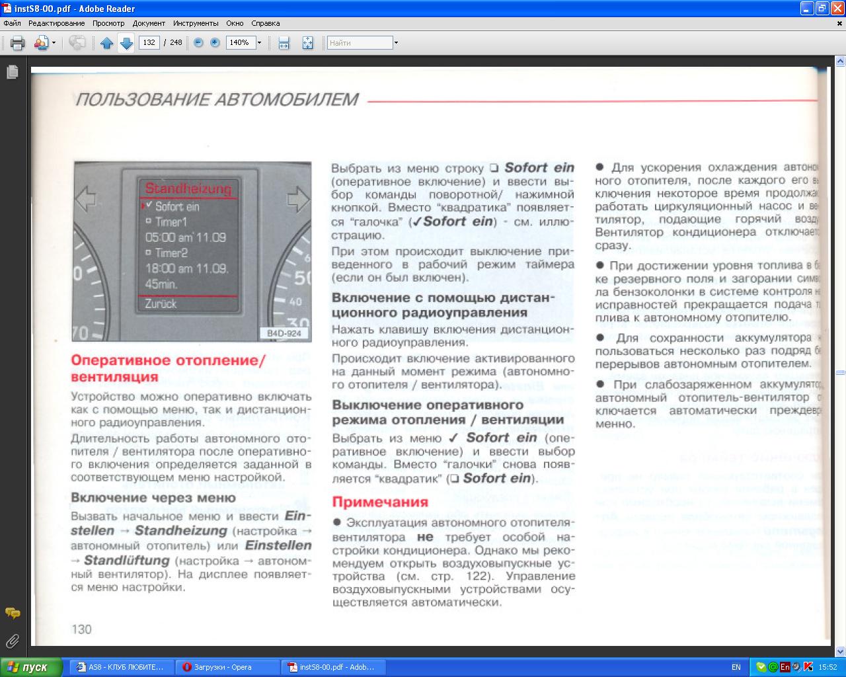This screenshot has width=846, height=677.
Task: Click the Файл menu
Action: click(12, 23)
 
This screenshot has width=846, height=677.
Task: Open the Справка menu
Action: click(266, 23)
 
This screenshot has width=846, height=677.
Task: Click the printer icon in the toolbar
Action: click(18, 43)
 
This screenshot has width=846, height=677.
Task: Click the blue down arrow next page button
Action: click(126, 43)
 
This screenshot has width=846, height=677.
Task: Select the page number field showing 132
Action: click(149, 42)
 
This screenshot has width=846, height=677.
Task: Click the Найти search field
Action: click(360, 43)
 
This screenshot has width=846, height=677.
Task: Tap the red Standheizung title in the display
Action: click(188, 189)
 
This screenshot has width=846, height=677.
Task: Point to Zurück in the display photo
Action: click(161, 304)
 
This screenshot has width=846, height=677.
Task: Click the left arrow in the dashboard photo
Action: click(87, 198)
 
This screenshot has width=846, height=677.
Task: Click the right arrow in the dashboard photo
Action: click(298, 198)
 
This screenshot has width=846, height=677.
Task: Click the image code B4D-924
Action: click(284, 333)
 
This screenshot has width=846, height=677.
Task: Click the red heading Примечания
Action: click(380, 502)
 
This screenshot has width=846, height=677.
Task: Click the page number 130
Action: click(81, 629)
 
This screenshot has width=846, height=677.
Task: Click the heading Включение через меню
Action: click(153, 498)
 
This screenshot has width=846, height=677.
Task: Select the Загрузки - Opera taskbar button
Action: click(223, 667)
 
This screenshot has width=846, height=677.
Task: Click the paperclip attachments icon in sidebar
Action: click(12, 641)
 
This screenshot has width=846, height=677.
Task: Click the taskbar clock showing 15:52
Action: click(827, 667)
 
